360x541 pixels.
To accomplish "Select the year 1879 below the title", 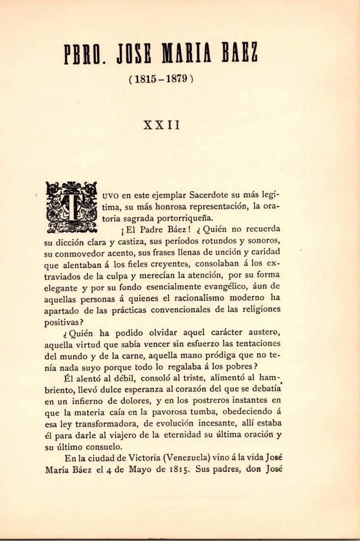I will [177, 79].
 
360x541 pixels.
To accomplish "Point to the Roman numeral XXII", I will [162, 126].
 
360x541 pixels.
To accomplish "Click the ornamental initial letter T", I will [71, 207].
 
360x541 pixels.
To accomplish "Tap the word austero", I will [260, 333].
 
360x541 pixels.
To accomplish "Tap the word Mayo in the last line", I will [128, 469].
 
